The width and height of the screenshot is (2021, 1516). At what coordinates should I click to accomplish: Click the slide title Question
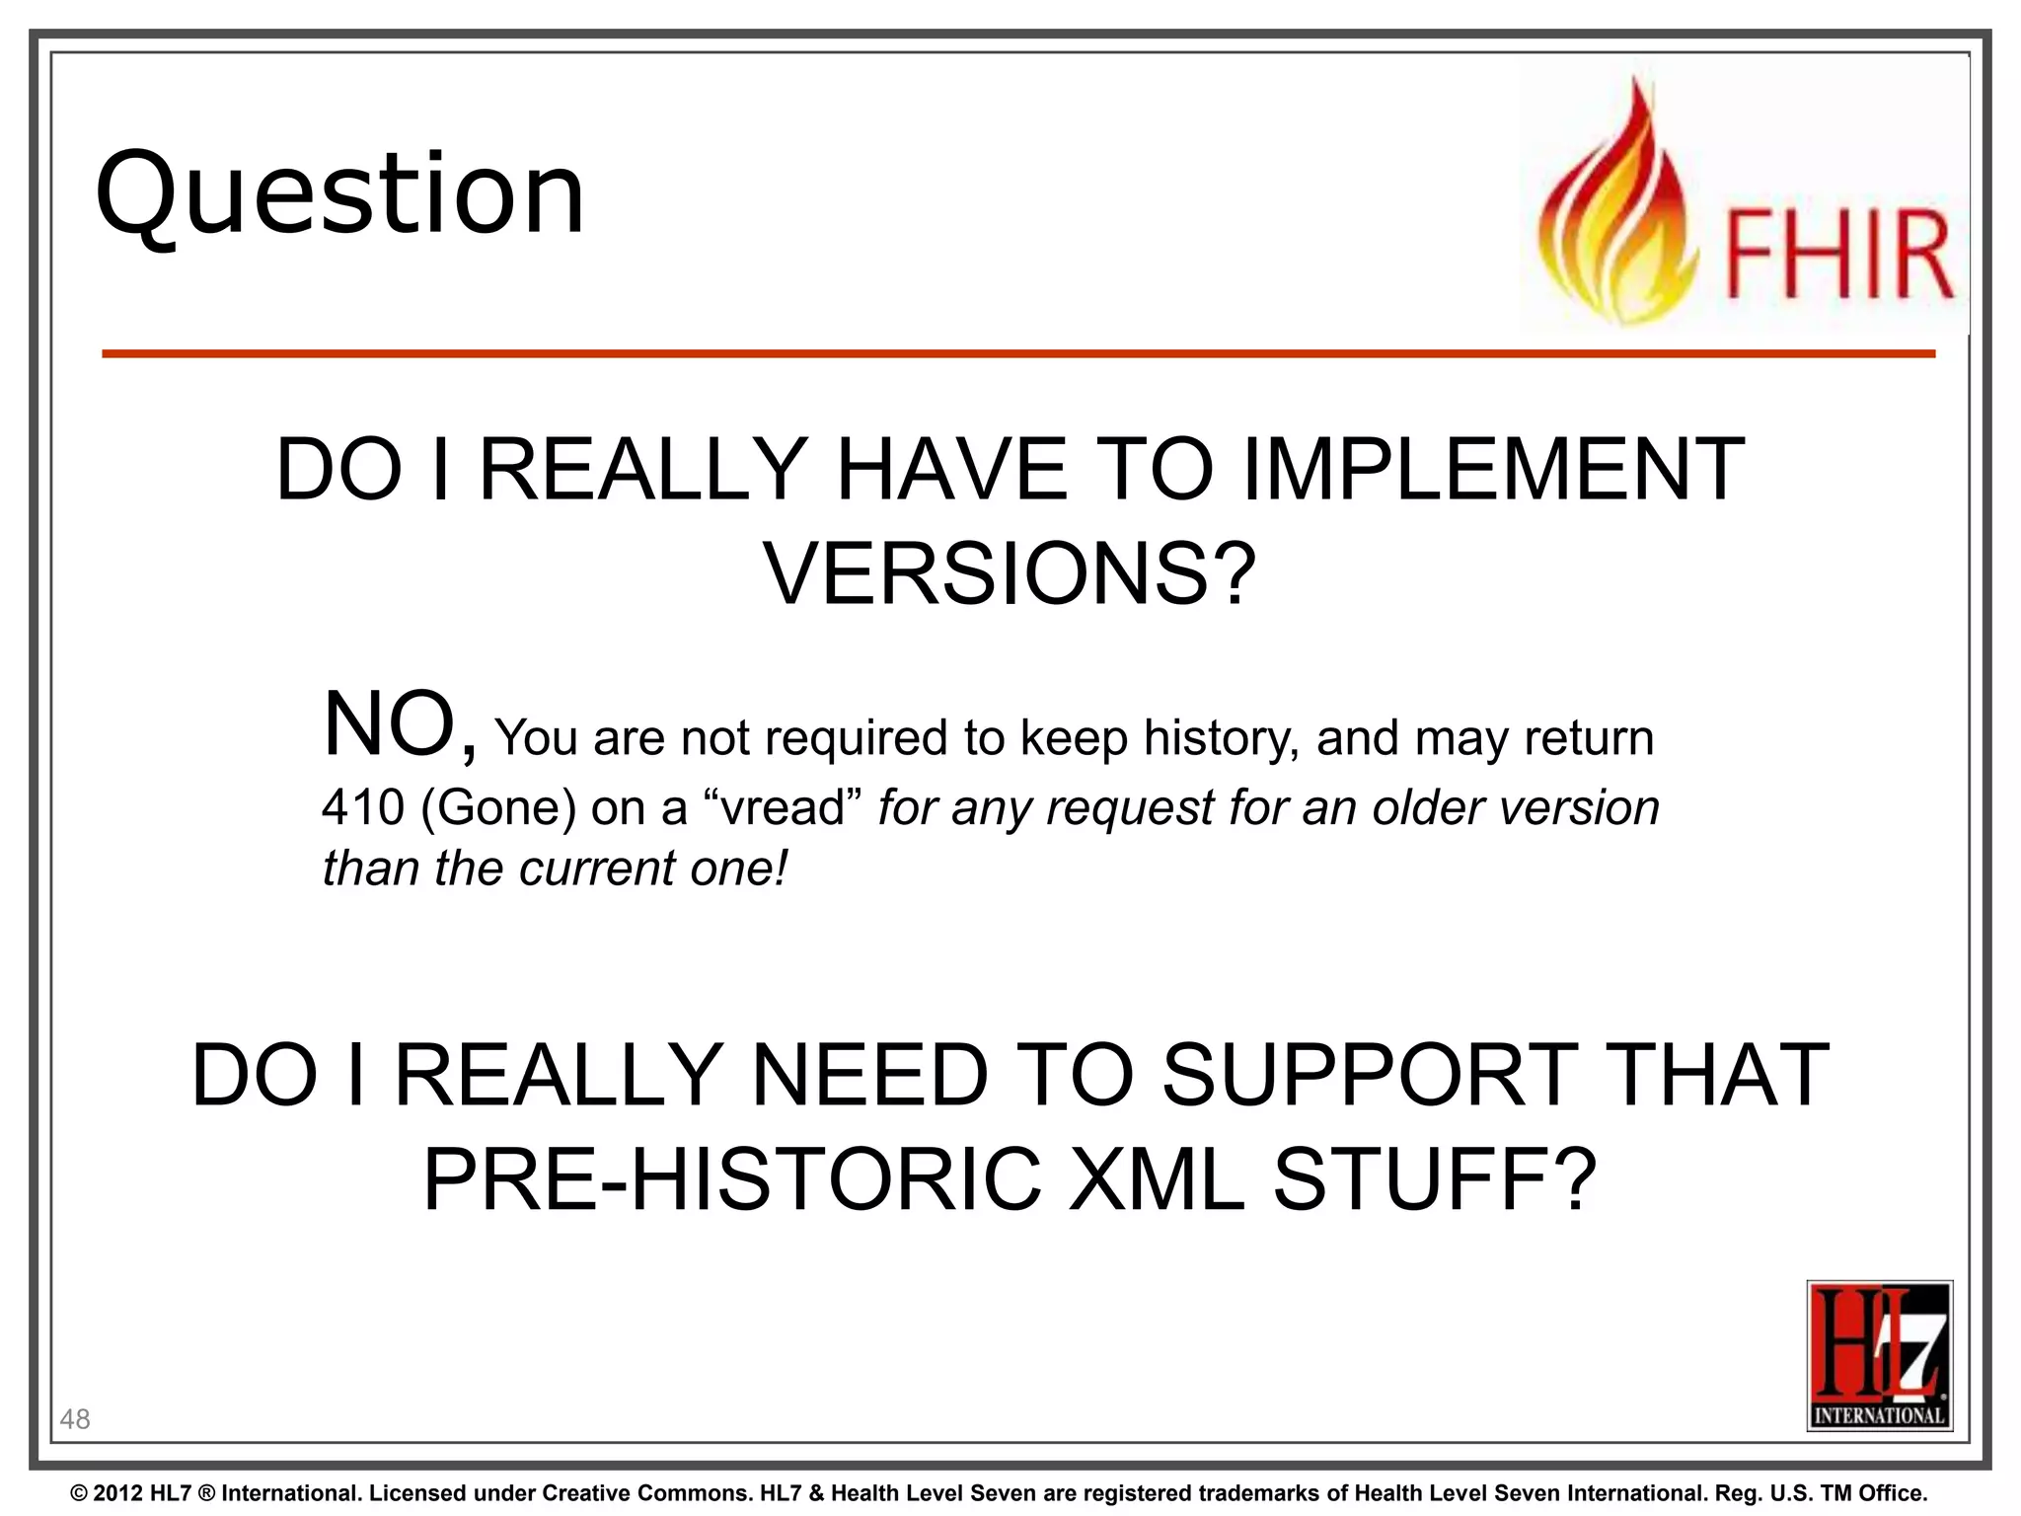pyautogui.click(x=340, y=194)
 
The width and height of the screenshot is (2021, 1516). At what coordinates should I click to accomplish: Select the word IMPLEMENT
pyautogui.click(x=1492, y=470)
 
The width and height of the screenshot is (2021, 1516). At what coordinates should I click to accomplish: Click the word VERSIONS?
pyautogui.click(x=1010, y=574)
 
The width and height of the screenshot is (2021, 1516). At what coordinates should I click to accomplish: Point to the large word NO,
pyautogui.click(x=400, y=726)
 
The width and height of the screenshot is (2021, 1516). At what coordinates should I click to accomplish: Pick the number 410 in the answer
pyautogui.click(x=363, y=807)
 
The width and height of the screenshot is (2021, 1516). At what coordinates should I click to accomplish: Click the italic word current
pyautogui.click(x=596, y=869)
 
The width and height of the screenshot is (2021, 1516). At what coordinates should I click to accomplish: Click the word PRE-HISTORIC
pyautogui.click(x=731, y=1179)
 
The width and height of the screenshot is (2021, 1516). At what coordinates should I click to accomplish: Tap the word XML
pyautogui.click(x=1158, y=1179)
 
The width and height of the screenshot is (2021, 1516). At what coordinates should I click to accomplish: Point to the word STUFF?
pyautogui.click(x=1434, y=1179)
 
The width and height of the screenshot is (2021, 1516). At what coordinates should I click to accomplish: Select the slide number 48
pyautogui.click(x=75, y=1419)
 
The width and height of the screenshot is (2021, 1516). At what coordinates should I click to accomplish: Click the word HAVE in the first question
pyautogui.click(x=951, y=470)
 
